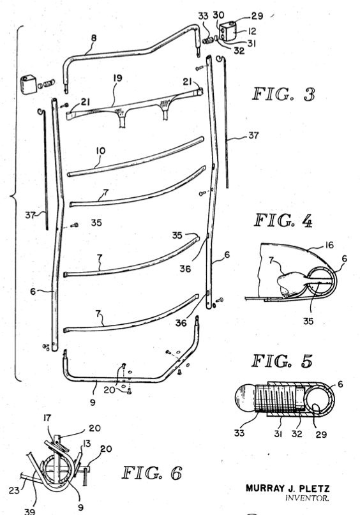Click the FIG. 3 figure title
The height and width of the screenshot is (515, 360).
tap(284, 94)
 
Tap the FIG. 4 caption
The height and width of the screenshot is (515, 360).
tap(283, 220)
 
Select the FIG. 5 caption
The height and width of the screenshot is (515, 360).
tap(282, 361)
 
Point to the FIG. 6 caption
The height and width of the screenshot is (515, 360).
tap(152, 473)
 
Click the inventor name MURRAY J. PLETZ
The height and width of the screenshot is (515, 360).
tap(287, 488)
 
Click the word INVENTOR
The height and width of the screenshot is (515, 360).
tap(307, 498)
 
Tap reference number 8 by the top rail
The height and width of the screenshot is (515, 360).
tap(94, 38)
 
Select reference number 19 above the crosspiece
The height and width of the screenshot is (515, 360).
tap(117, 78)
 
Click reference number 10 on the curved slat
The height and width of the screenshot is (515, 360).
tap(101, 151)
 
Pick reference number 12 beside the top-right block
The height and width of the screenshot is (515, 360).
tap(252, 31)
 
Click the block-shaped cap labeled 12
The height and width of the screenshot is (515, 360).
tap(228, 31)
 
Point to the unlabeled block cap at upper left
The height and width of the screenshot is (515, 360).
tap(28, 84)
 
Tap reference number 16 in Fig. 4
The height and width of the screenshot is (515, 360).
tap(329, 245)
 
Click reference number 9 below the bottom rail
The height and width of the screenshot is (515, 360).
tap(93, 401)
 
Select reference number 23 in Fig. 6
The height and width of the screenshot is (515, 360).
tap(14, 490)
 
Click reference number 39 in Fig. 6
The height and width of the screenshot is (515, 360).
tap(29, 511)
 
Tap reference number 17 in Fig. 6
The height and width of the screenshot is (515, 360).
tap(47, 418)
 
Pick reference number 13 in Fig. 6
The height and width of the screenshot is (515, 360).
tap(86, 444)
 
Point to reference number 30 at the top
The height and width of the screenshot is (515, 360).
tap(218, 15)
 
